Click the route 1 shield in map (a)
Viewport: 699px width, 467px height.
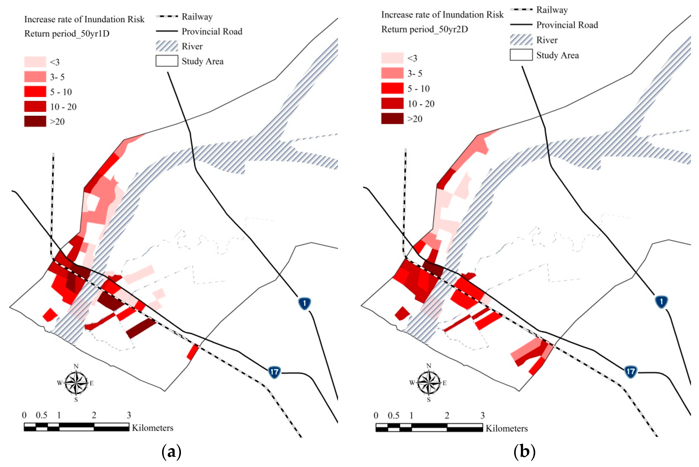click(304, 303)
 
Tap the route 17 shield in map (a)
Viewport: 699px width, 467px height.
click(274, 372)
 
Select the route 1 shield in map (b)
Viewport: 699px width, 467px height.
click(661, 302)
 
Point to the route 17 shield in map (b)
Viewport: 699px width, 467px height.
click(630, 371)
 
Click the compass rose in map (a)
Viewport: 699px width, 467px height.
click(76, 383)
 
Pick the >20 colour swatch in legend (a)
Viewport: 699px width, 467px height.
click(35, 121)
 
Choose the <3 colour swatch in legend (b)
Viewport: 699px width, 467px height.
click(392, 58)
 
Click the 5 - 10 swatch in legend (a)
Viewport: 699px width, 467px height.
click(35, 92)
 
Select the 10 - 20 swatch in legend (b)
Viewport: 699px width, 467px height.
click(392, 103)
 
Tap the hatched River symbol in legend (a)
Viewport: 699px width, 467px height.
click(167, 46)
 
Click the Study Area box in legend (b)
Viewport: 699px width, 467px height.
click(521, 55)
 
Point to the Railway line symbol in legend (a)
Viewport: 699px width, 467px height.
click(167, 16)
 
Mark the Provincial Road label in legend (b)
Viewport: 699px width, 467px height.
click(567, 25)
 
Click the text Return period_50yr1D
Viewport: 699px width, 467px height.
click(67, 34)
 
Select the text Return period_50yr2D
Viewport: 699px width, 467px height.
click(424, 29)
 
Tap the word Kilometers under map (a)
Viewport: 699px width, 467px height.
click(153, 428)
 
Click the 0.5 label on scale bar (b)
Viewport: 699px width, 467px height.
click(393, 415)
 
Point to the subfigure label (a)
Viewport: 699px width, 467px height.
click(171, 452)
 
